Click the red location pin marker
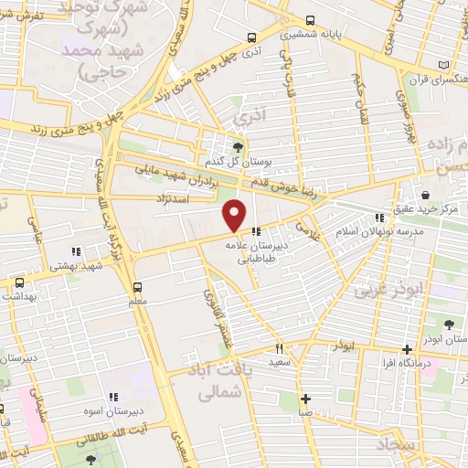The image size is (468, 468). pyautogui.click(x=235, y=215)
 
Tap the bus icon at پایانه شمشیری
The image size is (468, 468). pyautogui.click(x=312, y=20)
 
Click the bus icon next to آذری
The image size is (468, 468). pyautogui.click(x=251, y=38)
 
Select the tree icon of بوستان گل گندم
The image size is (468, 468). pyautogui.click(x=239, y=146)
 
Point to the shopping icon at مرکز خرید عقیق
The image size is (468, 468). pyautogui.click(x=427, y=194)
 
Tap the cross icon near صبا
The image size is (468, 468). pyautogui.click(x=305, y=399)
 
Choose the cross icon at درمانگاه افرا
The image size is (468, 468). pyautogui.click(x=408, y=349)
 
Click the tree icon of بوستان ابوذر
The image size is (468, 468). pyautogui.click(x=449, y=324)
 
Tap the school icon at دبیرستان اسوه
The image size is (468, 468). pyautogui.click(x=113, y=398)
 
